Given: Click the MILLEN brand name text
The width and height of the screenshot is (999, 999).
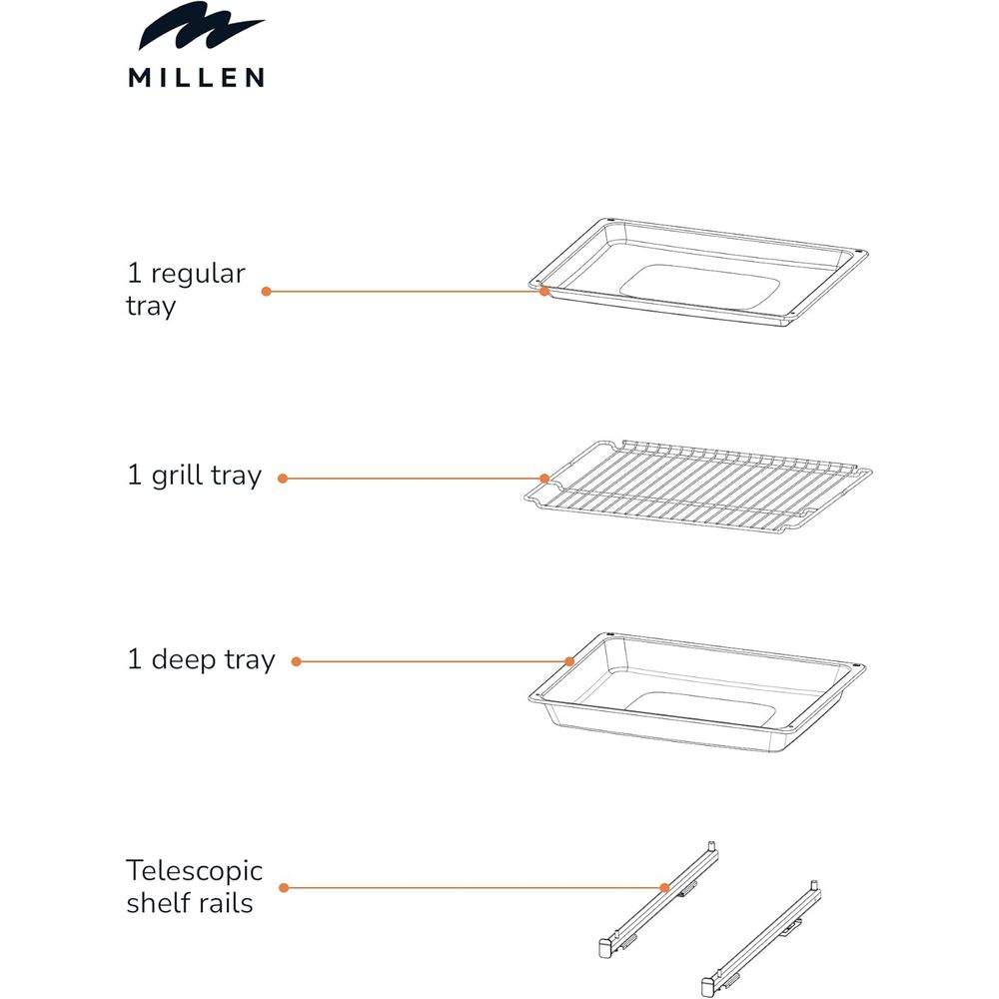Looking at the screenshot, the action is click(196, 77).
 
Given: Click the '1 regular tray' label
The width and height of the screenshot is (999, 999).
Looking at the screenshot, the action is click(186, 290).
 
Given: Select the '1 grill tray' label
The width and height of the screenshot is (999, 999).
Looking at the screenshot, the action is click(195, 476).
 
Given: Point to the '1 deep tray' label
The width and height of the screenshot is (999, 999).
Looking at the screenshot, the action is click(202, 659).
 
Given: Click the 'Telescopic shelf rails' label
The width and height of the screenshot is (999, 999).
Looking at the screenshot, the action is click(194, 886).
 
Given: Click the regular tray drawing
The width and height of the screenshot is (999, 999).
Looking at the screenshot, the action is click(698, 272).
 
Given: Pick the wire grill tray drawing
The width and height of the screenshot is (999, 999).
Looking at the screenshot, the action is click(698, 487).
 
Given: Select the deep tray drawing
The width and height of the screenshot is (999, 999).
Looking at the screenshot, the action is click(697, 692).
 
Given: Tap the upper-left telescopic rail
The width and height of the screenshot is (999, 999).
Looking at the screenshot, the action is click(659, 899).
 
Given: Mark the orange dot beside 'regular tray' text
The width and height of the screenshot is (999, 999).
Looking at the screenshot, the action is click(267, 291).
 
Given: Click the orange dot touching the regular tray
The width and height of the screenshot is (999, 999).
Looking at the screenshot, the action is click(544, 291).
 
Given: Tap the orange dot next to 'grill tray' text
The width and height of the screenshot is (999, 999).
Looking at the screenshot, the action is click(283, 479).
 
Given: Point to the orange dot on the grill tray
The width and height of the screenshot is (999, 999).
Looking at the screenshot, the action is click(544, 479).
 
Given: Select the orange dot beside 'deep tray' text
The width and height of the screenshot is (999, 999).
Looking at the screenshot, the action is click(297, 662).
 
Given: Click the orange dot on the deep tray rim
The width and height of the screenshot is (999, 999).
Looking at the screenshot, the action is click(569, 662).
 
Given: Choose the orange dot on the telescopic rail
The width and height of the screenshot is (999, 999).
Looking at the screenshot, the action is click(664, 887).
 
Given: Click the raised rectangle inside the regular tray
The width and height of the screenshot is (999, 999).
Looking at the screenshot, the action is click(699, 288).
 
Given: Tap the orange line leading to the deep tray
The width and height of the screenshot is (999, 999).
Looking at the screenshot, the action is click(434, 662).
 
